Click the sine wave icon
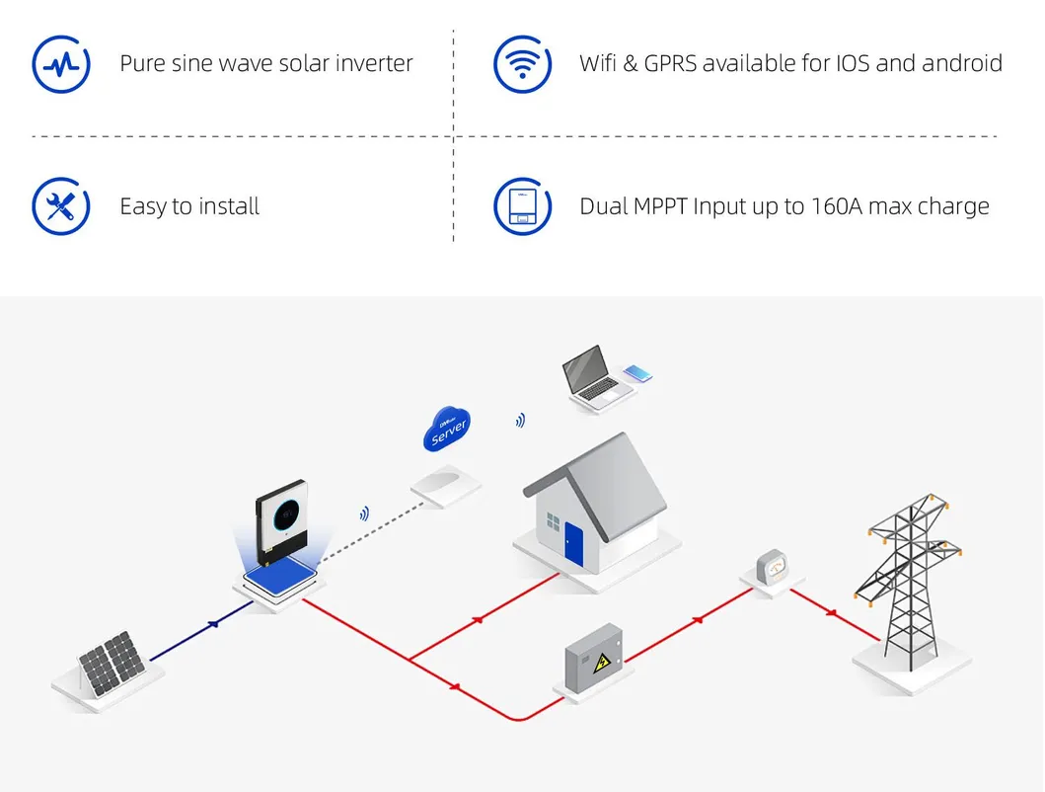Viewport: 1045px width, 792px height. pos(61,64)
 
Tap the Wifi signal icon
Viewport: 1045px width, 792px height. pos(522,64)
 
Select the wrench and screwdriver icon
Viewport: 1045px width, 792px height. pos(61,206)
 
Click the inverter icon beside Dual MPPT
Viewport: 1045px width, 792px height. pos(522,206)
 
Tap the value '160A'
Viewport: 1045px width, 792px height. pos(839,206)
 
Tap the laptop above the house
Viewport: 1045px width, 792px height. pos(589,374)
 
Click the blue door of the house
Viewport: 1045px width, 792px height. pos(573,545)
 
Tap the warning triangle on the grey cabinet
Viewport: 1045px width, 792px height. pos(598,663)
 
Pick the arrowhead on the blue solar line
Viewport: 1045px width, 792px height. pos(212,625)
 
